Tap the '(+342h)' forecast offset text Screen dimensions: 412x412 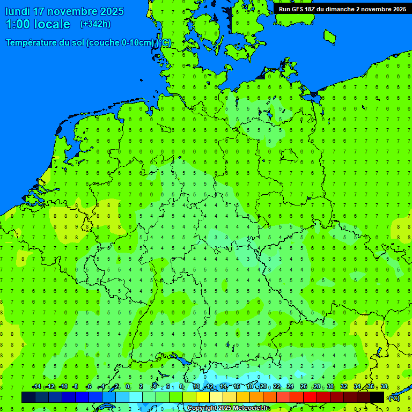(95, 24)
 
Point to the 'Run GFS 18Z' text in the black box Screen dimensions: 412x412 (297, 9)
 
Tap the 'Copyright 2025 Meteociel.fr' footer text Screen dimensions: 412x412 (228, 408)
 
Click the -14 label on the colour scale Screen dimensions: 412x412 (36, 387)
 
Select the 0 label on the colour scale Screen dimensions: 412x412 (128, 387)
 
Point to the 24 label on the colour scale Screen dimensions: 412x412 (290, 387)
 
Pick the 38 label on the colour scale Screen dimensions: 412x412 (384, 387)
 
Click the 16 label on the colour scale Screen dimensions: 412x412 (236, 387)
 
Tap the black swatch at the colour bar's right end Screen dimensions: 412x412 (377, 397)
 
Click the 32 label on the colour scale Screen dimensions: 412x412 (344, 387)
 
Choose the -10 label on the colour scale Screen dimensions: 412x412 (63, 387)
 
